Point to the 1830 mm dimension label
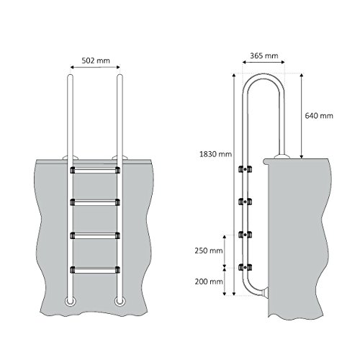point(216,153)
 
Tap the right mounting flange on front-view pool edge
point(118,156)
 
